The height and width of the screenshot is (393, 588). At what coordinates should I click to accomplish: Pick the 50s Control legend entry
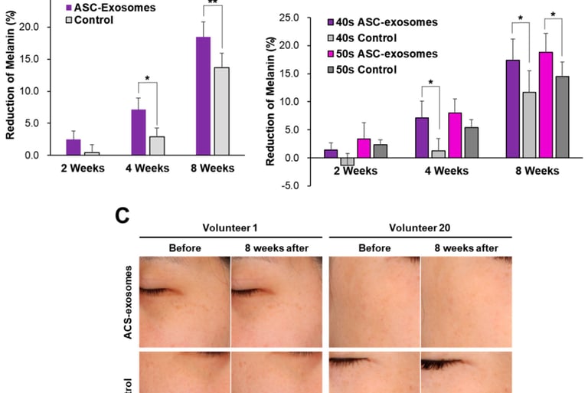(364, 70)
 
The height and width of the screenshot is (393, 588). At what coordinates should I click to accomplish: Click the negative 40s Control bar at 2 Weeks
(347, 162)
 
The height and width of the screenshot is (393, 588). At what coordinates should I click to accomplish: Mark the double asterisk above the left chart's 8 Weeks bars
(213, 4)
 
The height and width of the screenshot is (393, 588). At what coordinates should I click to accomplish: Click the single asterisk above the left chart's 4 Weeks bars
(147, 78)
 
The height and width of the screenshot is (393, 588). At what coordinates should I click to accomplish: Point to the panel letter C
(122, 216)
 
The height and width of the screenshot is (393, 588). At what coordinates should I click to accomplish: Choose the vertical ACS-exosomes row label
(129, 303)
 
